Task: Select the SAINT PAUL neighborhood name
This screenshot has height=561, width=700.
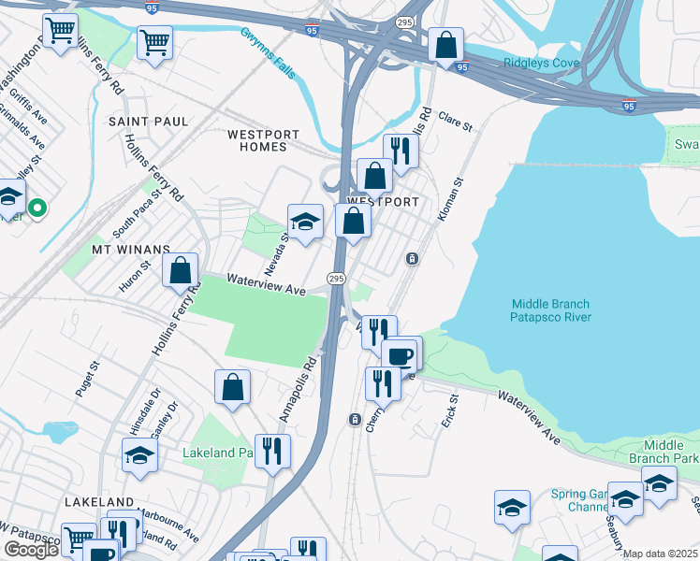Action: click(148, 122)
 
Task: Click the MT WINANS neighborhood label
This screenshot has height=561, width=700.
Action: click(130, 250)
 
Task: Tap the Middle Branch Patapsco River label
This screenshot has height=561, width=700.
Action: click(551, 310)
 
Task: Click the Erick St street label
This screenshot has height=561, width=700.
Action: click(453, 411)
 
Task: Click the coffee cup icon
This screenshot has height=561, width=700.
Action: click(401, 354)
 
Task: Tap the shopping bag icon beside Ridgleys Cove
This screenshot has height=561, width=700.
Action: click(446, 44)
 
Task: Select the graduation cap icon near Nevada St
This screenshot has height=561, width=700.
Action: click(305, 222)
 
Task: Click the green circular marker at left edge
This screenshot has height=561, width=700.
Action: click(37, 208)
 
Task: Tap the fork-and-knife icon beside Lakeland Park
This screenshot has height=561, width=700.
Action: click(272, 451)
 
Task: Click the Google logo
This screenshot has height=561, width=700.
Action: click(30, 550)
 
